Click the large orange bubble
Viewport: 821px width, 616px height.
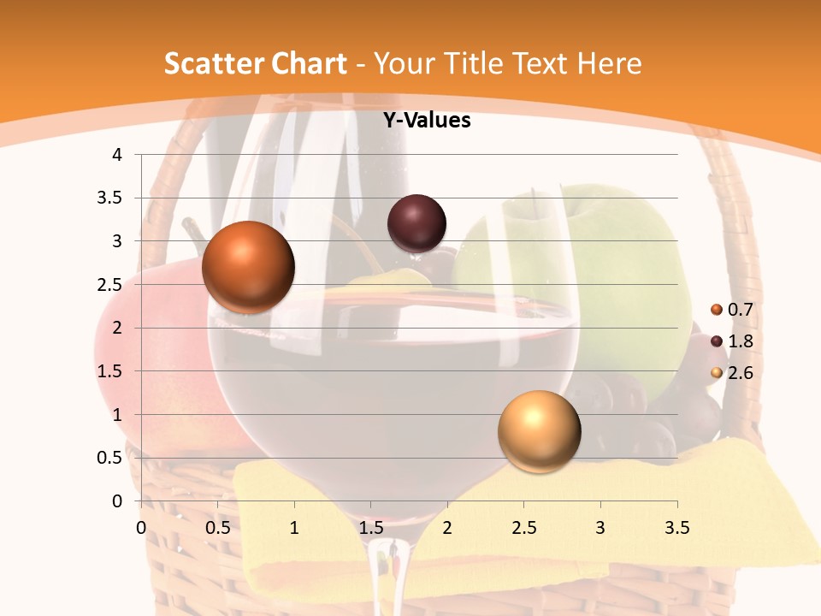pos(248,267)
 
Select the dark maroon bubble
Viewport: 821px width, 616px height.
pos(416,223)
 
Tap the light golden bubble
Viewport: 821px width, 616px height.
pos(539,431)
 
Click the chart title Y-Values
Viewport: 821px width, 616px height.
pos(426,121)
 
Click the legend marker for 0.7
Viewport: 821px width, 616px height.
pos(717,310)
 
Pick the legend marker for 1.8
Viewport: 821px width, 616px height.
pos(717,341)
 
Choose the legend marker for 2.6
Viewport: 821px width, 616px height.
pos(717,373)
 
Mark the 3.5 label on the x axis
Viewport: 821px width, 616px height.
pos(676,528)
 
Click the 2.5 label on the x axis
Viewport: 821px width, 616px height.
pos(523,528)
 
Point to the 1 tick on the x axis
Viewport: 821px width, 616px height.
pos(294,528)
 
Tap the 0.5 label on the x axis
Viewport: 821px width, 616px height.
pos(217,528)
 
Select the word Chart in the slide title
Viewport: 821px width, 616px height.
pos(309,63)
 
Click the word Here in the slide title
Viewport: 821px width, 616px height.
pos(609,63)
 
